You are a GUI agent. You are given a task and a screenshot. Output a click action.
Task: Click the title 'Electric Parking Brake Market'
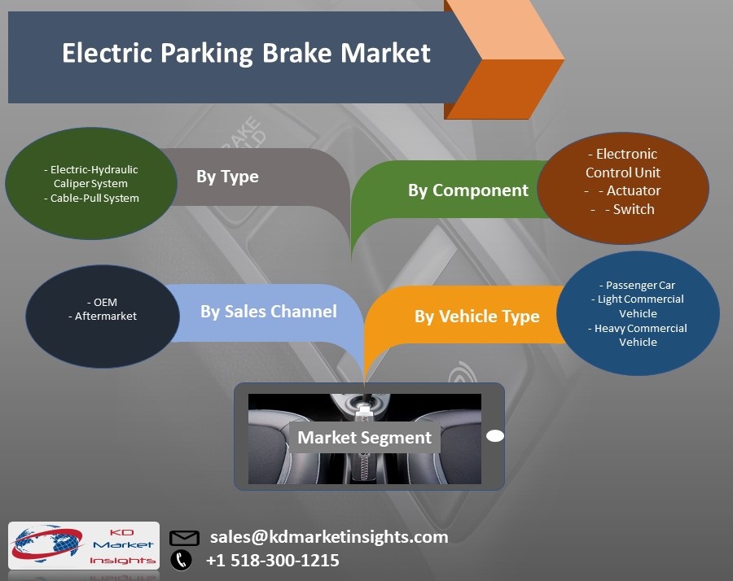click(246, 54)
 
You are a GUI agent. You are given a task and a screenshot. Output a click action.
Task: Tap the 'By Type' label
click(227, 177)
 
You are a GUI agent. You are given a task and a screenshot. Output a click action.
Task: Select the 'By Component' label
click(467, 190)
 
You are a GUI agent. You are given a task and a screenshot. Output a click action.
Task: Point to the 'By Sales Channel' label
click(268, 312)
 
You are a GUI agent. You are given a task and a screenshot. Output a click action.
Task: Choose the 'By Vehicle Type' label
click(476, 317)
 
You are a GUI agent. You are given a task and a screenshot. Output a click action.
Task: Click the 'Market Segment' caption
click(364, 438)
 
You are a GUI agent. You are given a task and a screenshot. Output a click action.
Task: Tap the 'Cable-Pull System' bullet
click(91, 198)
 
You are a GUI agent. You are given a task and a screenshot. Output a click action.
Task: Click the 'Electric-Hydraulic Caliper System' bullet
click(91, 177)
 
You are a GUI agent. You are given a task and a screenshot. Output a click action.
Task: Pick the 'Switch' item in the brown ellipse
click(630, 209)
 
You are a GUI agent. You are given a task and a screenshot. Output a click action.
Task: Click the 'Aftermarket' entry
click(103, 316)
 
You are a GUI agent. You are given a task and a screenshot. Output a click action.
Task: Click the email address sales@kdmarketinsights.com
click(329, 537)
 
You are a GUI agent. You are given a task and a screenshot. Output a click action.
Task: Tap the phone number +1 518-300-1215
click(272, 561)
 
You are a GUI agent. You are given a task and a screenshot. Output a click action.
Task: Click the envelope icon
click(184, 538)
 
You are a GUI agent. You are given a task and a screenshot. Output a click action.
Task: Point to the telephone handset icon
click(181, 560)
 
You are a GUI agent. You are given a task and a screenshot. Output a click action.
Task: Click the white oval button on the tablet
click(495, 436)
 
